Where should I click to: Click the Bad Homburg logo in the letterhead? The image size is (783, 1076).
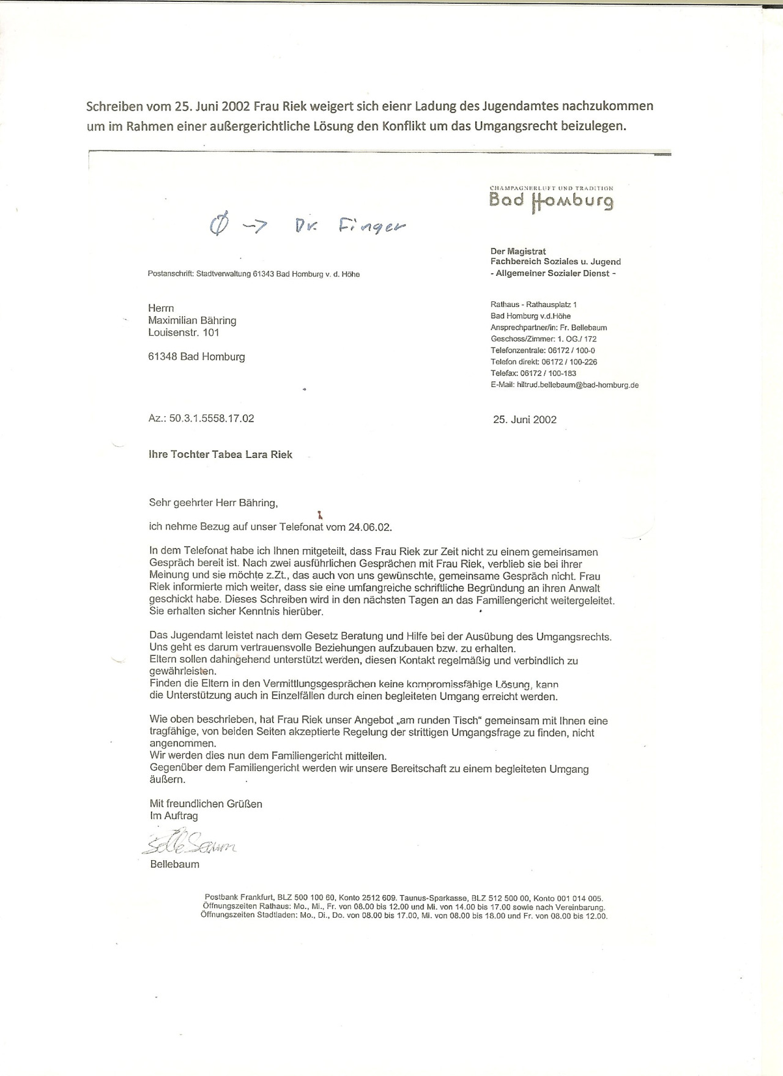pos(551,199)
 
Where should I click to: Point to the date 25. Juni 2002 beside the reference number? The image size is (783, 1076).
pos(525,419)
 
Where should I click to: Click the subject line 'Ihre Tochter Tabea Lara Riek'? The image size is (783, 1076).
pos(221,455)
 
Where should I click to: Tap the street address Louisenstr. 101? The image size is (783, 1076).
pos(184,333)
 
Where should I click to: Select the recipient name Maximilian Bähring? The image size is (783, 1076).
pos(192,320)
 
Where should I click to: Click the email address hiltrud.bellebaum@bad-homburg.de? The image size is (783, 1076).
pos(577,385)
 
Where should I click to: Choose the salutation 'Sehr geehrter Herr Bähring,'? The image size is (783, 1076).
pos(213,503)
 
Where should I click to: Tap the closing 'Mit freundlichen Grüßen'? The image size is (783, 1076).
pos(206,804)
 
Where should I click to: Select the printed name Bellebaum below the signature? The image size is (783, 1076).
pos(174,864)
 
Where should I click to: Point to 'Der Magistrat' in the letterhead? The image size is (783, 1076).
pos(518,251)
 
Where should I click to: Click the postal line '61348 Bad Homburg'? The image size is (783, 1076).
pos(196,357)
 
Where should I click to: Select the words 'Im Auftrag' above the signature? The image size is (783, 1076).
pos(174,816)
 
